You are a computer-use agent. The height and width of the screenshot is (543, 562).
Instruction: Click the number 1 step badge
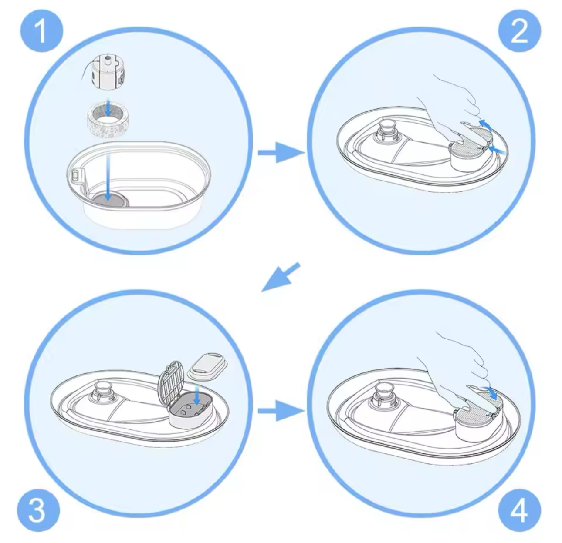tap(41, 31)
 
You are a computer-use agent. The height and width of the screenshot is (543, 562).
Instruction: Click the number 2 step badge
tap(520, 31)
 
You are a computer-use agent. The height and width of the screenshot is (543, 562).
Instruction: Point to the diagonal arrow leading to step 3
tap(281, 277)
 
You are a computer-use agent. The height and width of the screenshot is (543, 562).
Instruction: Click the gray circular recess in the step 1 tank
tap(110, 199)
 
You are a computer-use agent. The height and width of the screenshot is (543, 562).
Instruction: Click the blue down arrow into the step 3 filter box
tap(197, 396)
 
